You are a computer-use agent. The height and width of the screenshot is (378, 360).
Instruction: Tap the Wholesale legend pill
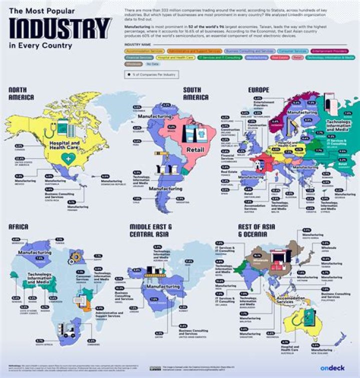132,64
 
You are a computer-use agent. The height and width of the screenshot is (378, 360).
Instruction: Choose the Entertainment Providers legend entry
331,51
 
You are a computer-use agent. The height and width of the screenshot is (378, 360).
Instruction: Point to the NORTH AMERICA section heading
21,93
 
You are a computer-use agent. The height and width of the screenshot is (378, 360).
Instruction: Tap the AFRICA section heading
18,227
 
